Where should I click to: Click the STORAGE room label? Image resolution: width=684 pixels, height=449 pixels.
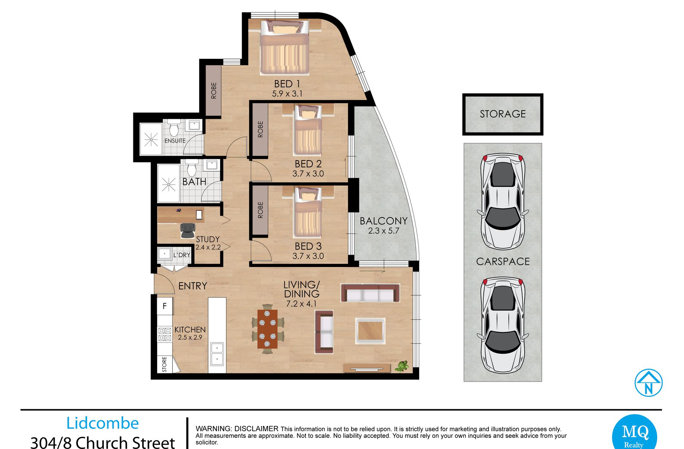click(503, 114)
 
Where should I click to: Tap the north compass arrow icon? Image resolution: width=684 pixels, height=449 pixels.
click(649, 383)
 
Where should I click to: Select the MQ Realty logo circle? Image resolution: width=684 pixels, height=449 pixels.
click(634, 432)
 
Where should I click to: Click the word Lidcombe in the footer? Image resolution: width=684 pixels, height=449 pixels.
click(102, 423)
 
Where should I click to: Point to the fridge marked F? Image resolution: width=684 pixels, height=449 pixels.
click(165, 306)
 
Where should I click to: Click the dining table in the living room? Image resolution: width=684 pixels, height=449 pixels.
click(267, 329)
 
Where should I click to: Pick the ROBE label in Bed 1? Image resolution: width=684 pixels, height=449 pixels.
click(214, 90)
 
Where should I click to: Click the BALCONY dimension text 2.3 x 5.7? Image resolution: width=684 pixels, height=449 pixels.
click(384, 231)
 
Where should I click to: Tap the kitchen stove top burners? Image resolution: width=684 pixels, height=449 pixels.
click(165, 334)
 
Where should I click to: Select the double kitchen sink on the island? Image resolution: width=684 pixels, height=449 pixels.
click(217, 354)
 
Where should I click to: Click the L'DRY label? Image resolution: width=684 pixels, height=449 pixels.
click(182, 255)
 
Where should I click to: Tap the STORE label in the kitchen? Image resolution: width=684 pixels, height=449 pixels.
click(164, 364)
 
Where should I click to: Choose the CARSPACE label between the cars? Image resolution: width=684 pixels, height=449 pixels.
click(503, 261)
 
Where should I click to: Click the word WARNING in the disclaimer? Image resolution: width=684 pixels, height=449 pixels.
click(214, 429)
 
